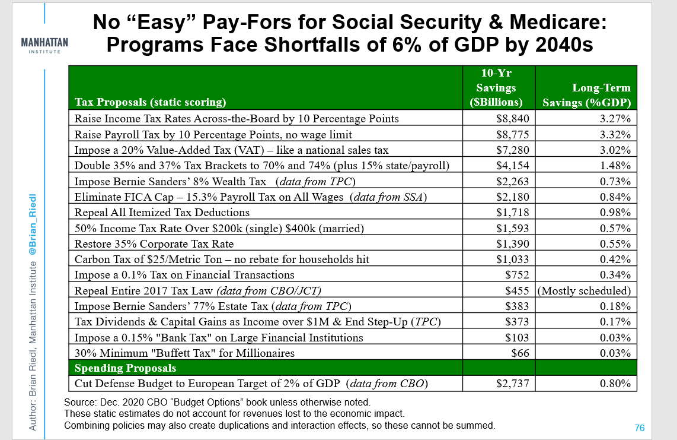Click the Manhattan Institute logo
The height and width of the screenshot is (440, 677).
[44, 46]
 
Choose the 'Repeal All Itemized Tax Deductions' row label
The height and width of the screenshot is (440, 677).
[162, 212]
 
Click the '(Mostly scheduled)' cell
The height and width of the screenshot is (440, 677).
[584, 291]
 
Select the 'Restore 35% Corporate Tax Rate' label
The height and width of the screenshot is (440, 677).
[154, 243]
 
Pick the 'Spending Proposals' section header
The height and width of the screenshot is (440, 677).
[125, 368]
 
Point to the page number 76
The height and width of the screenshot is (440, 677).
[639, 428]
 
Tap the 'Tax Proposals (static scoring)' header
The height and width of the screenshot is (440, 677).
[150, 102]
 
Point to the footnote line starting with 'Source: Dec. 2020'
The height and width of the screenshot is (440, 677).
[217, 402]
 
